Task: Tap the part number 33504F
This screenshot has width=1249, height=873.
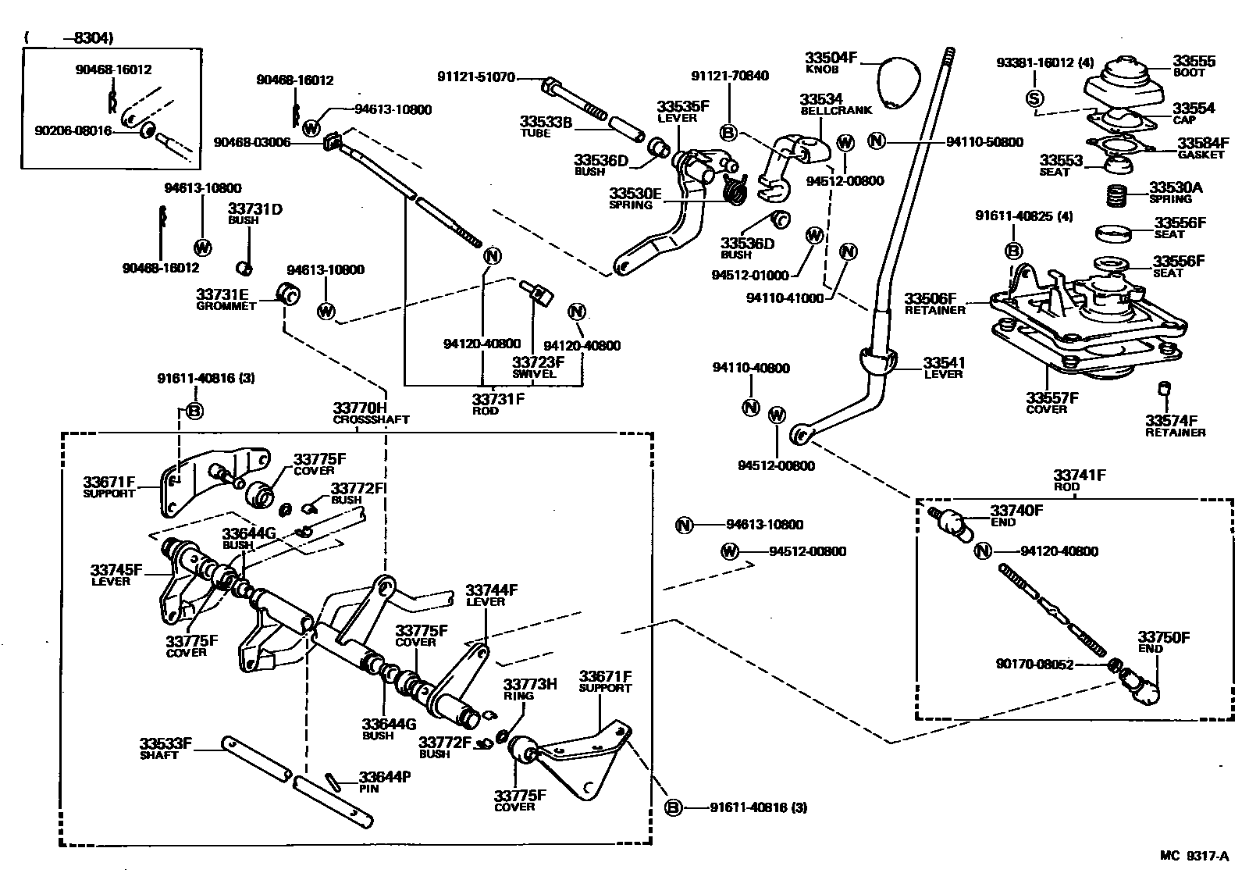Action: (x=831, y=58)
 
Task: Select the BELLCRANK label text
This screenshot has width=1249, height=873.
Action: (x=836, y=110)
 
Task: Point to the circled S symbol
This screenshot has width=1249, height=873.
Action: (x=1034, y=98)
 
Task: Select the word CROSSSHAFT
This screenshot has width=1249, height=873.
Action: (x=371, y=419)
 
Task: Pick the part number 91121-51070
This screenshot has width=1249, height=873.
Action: (x=475, y=77)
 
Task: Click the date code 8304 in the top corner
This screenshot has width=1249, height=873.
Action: (x=92, y=38)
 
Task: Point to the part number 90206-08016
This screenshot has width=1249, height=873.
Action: (x=73, y=130)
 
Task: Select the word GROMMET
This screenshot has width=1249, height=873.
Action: (x=226, y=306)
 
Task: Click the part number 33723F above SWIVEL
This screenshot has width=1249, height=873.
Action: (x=538, y=362)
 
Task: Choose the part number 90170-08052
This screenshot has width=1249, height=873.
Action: (x=1034, y=665)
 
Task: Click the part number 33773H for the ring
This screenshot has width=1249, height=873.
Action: (x=530, y=684)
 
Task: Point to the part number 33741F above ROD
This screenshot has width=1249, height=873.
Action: (x=1079, y=476)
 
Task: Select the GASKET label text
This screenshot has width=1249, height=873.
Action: (x=1201, y=155)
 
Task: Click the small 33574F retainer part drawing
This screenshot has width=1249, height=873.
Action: (x=1164, y=389)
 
